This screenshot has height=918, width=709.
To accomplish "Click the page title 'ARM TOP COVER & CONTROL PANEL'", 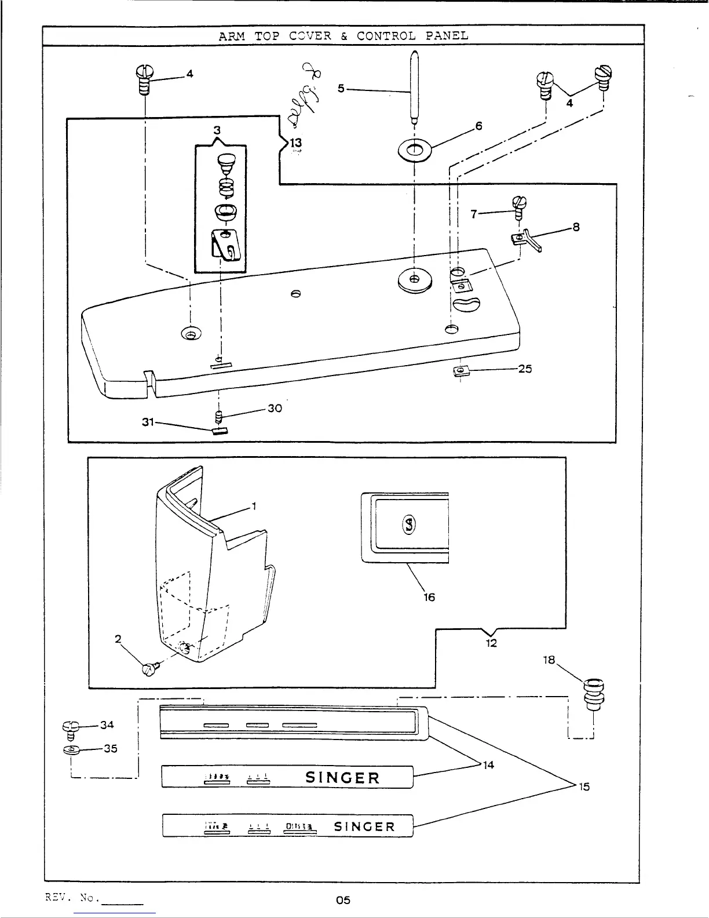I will [343, 35].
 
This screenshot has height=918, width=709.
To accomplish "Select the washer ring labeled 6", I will [414, 151].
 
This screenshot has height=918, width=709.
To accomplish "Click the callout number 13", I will [296, 143].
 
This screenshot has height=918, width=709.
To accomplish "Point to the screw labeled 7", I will [519, 206].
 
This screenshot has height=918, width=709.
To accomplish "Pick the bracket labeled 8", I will [528, 239].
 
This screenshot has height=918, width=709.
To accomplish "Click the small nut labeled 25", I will [461, 370].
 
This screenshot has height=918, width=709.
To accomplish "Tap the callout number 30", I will [275, 408].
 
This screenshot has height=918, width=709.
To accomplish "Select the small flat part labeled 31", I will [219, 431].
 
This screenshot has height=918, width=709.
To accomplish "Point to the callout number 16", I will [429, 597].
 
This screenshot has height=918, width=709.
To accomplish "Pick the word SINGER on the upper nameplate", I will [342, 778].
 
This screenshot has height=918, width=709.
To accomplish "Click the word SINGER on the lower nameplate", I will [364, 826].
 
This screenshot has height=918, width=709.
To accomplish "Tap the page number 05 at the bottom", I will [343, 900].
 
